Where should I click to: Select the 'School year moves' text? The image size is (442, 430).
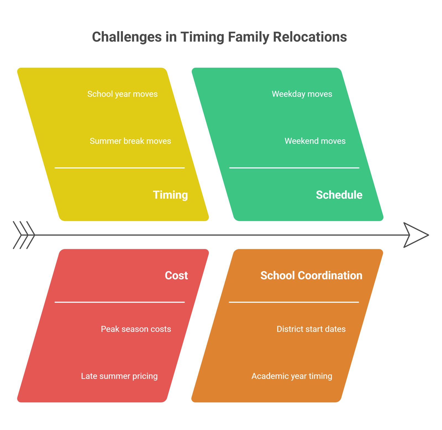(122, 94)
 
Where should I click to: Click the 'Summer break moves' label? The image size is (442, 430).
(130, 141)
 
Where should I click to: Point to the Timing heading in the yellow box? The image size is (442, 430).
(170, 195)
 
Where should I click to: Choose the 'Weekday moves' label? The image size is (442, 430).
(302, 94)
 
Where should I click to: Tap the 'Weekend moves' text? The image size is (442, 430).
(315, 141)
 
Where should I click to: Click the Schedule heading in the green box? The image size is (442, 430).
(339, 195)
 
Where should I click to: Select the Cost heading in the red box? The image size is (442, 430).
(176, 276)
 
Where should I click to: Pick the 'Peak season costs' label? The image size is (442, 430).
(136, 329)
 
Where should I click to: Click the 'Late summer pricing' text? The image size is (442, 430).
(119, 376)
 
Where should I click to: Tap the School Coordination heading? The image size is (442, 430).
(311, 276)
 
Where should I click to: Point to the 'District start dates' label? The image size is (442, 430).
(311, 329)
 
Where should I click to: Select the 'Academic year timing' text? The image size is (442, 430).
(292, 376)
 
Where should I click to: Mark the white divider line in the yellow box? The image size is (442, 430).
(120, 168)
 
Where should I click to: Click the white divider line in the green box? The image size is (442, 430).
(294, 168)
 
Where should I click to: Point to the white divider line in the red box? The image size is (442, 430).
(120, 302)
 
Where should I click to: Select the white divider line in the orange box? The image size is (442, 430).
(294, 302)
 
